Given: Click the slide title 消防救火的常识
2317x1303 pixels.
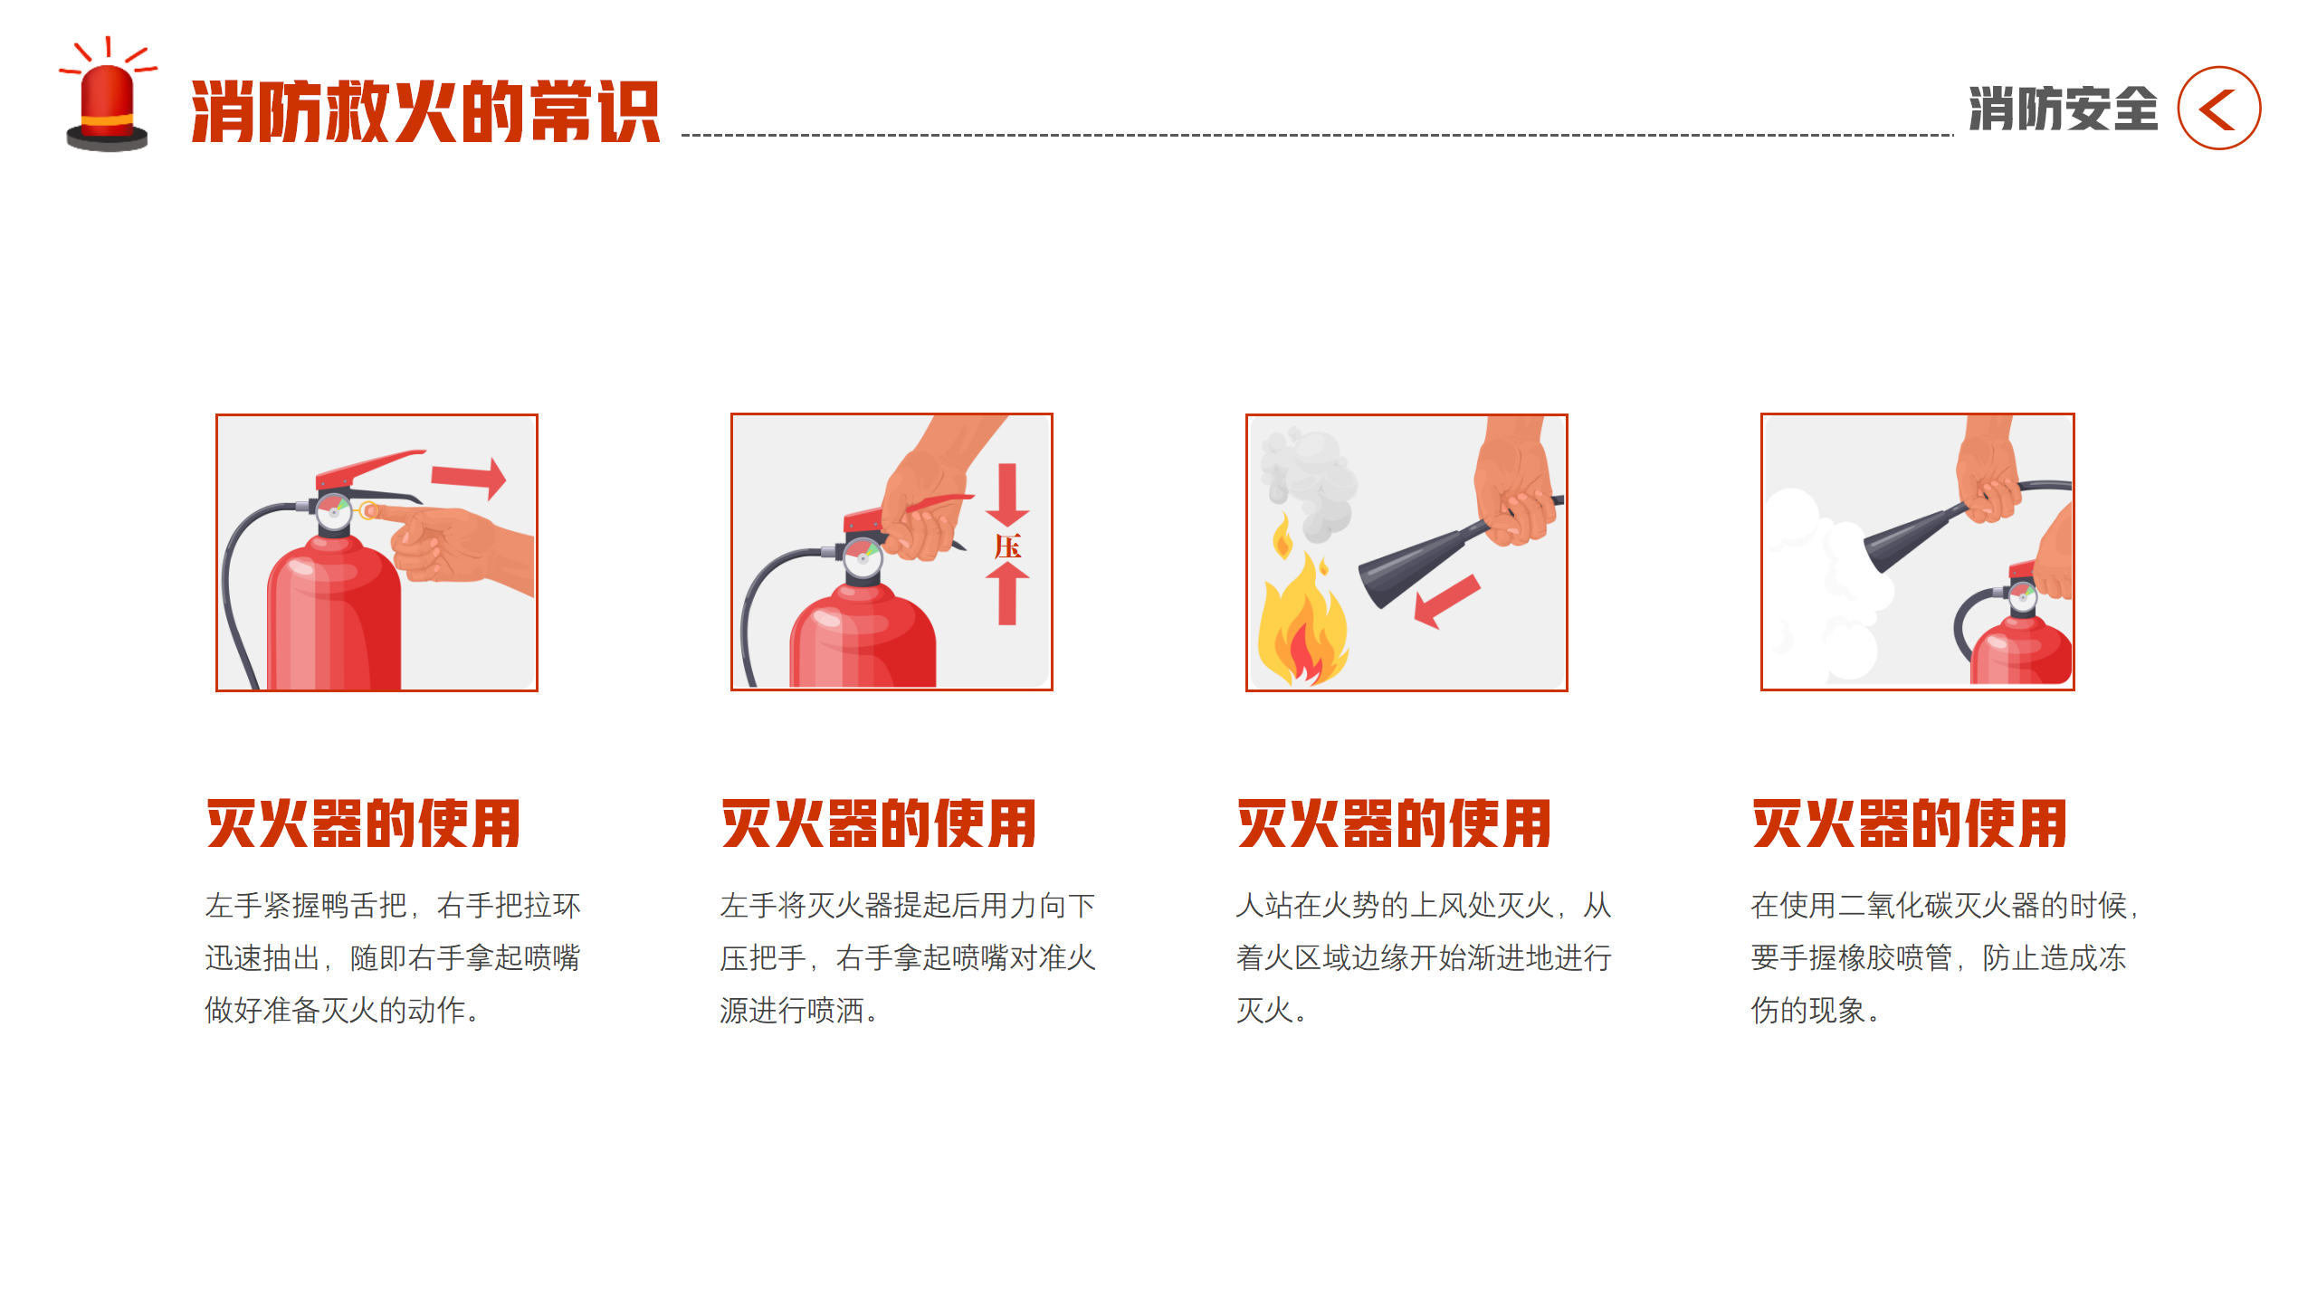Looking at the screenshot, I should pos(425,112).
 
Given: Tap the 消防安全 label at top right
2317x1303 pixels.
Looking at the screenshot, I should pos(2063,109).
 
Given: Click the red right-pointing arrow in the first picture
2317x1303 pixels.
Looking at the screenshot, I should pos(469,477).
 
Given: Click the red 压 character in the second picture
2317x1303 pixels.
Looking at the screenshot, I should pos(1006,547).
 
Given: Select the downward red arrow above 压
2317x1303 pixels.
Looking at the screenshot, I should pos(1007,494).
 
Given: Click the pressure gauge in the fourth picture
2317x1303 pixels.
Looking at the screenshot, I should pos(2022,597).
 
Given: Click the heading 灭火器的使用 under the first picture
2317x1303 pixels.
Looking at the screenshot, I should pos(363,823).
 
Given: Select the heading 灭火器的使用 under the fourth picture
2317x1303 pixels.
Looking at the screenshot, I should pos(1909,823).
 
